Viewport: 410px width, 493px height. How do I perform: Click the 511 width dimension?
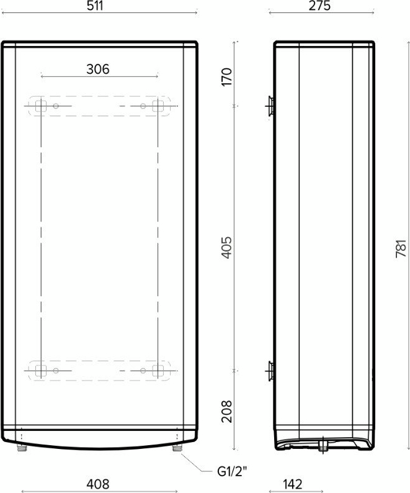click(99, 6)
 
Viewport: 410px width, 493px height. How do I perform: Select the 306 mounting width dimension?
click(98, 69)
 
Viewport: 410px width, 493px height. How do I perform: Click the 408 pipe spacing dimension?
click(98, 484)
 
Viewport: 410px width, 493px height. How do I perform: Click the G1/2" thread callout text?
click(233, 471)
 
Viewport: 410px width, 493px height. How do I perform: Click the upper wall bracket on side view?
click(270, 107)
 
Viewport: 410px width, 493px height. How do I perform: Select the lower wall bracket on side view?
click(270, 371)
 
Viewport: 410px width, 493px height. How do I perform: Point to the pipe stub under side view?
click(323, 446)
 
